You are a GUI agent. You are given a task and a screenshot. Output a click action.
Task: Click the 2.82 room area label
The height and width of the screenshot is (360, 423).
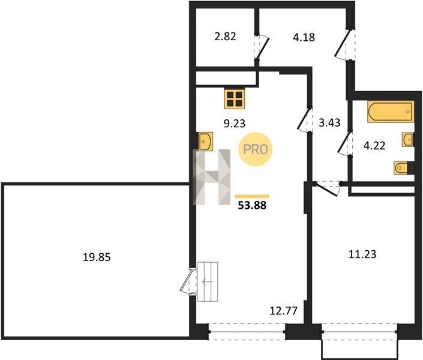tap(225, 37)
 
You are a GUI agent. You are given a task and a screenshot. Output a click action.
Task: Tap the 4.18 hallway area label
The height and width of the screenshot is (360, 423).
tap(304, 37)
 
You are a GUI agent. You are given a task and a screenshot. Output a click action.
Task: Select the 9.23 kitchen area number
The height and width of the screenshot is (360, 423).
tap(235, 124)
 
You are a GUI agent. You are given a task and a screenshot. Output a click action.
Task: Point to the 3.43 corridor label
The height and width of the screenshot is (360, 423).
tap(329, 123)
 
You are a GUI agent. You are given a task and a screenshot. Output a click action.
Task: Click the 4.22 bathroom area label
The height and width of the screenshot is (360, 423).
tap(374, 146)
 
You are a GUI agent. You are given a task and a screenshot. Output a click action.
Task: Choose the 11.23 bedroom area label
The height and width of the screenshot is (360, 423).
tap(362, 254)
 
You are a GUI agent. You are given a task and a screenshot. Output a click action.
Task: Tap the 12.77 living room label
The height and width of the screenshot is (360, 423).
tap(284, 311)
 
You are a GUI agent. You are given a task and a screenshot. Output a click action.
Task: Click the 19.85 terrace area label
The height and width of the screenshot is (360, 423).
tap(97, 257)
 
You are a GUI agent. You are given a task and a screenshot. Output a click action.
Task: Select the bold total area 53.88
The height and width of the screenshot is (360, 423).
tap(252, 205)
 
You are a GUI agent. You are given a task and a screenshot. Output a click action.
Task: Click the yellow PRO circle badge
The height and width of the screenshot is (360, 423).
tap(255, 149)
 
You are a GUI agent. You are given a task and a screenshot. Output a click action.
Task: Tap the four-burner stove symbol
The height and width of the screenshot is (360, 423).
tap(235, 99)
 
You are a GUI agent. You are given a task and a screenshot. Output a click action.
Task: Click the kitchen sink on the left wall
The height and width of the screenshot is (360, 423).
tap(206, 141)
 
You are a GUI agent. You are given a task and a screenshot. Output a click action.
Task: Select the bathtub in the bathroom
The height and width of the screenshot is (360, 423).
tap(391, 112)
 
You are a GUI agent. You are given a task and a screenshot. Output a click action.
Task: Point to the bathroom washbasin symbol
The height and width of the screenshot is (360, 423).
tap(407, 140)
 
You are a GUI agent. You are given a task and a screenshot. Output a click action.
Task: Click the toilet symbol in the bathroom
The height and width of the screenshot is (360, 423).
tap(403, 168)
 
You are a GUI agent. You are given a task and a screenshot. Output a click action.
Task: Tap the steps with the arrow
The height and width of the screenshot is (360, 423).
tap(208, 281)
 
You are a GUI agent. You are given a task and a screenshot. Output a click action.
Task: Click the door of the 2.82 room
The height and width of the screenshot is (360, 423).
tap(261, 48)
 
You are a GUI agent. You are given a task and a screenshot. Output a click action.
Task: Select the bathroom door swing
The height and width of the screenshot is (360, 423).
tap(345, 143)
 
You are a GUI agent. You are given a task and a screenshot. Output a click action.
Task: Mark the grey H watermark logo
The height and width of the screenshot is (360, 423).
tap(212, 177)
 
